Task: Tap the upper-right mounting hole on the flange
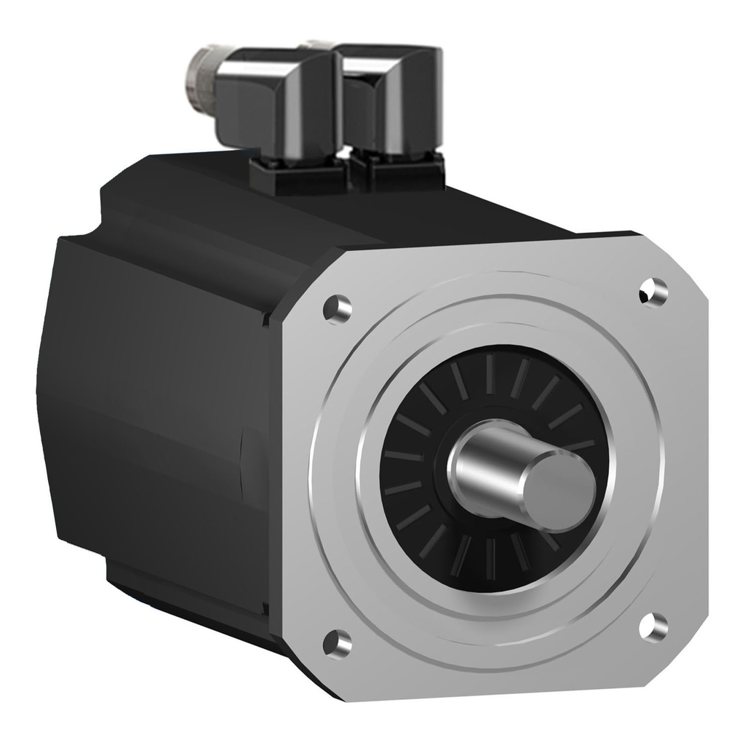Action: click(653, 292)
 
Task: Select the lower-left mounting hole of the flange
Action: click(338, 642)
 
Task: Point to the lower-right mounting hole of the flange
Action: click(654, 627)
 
